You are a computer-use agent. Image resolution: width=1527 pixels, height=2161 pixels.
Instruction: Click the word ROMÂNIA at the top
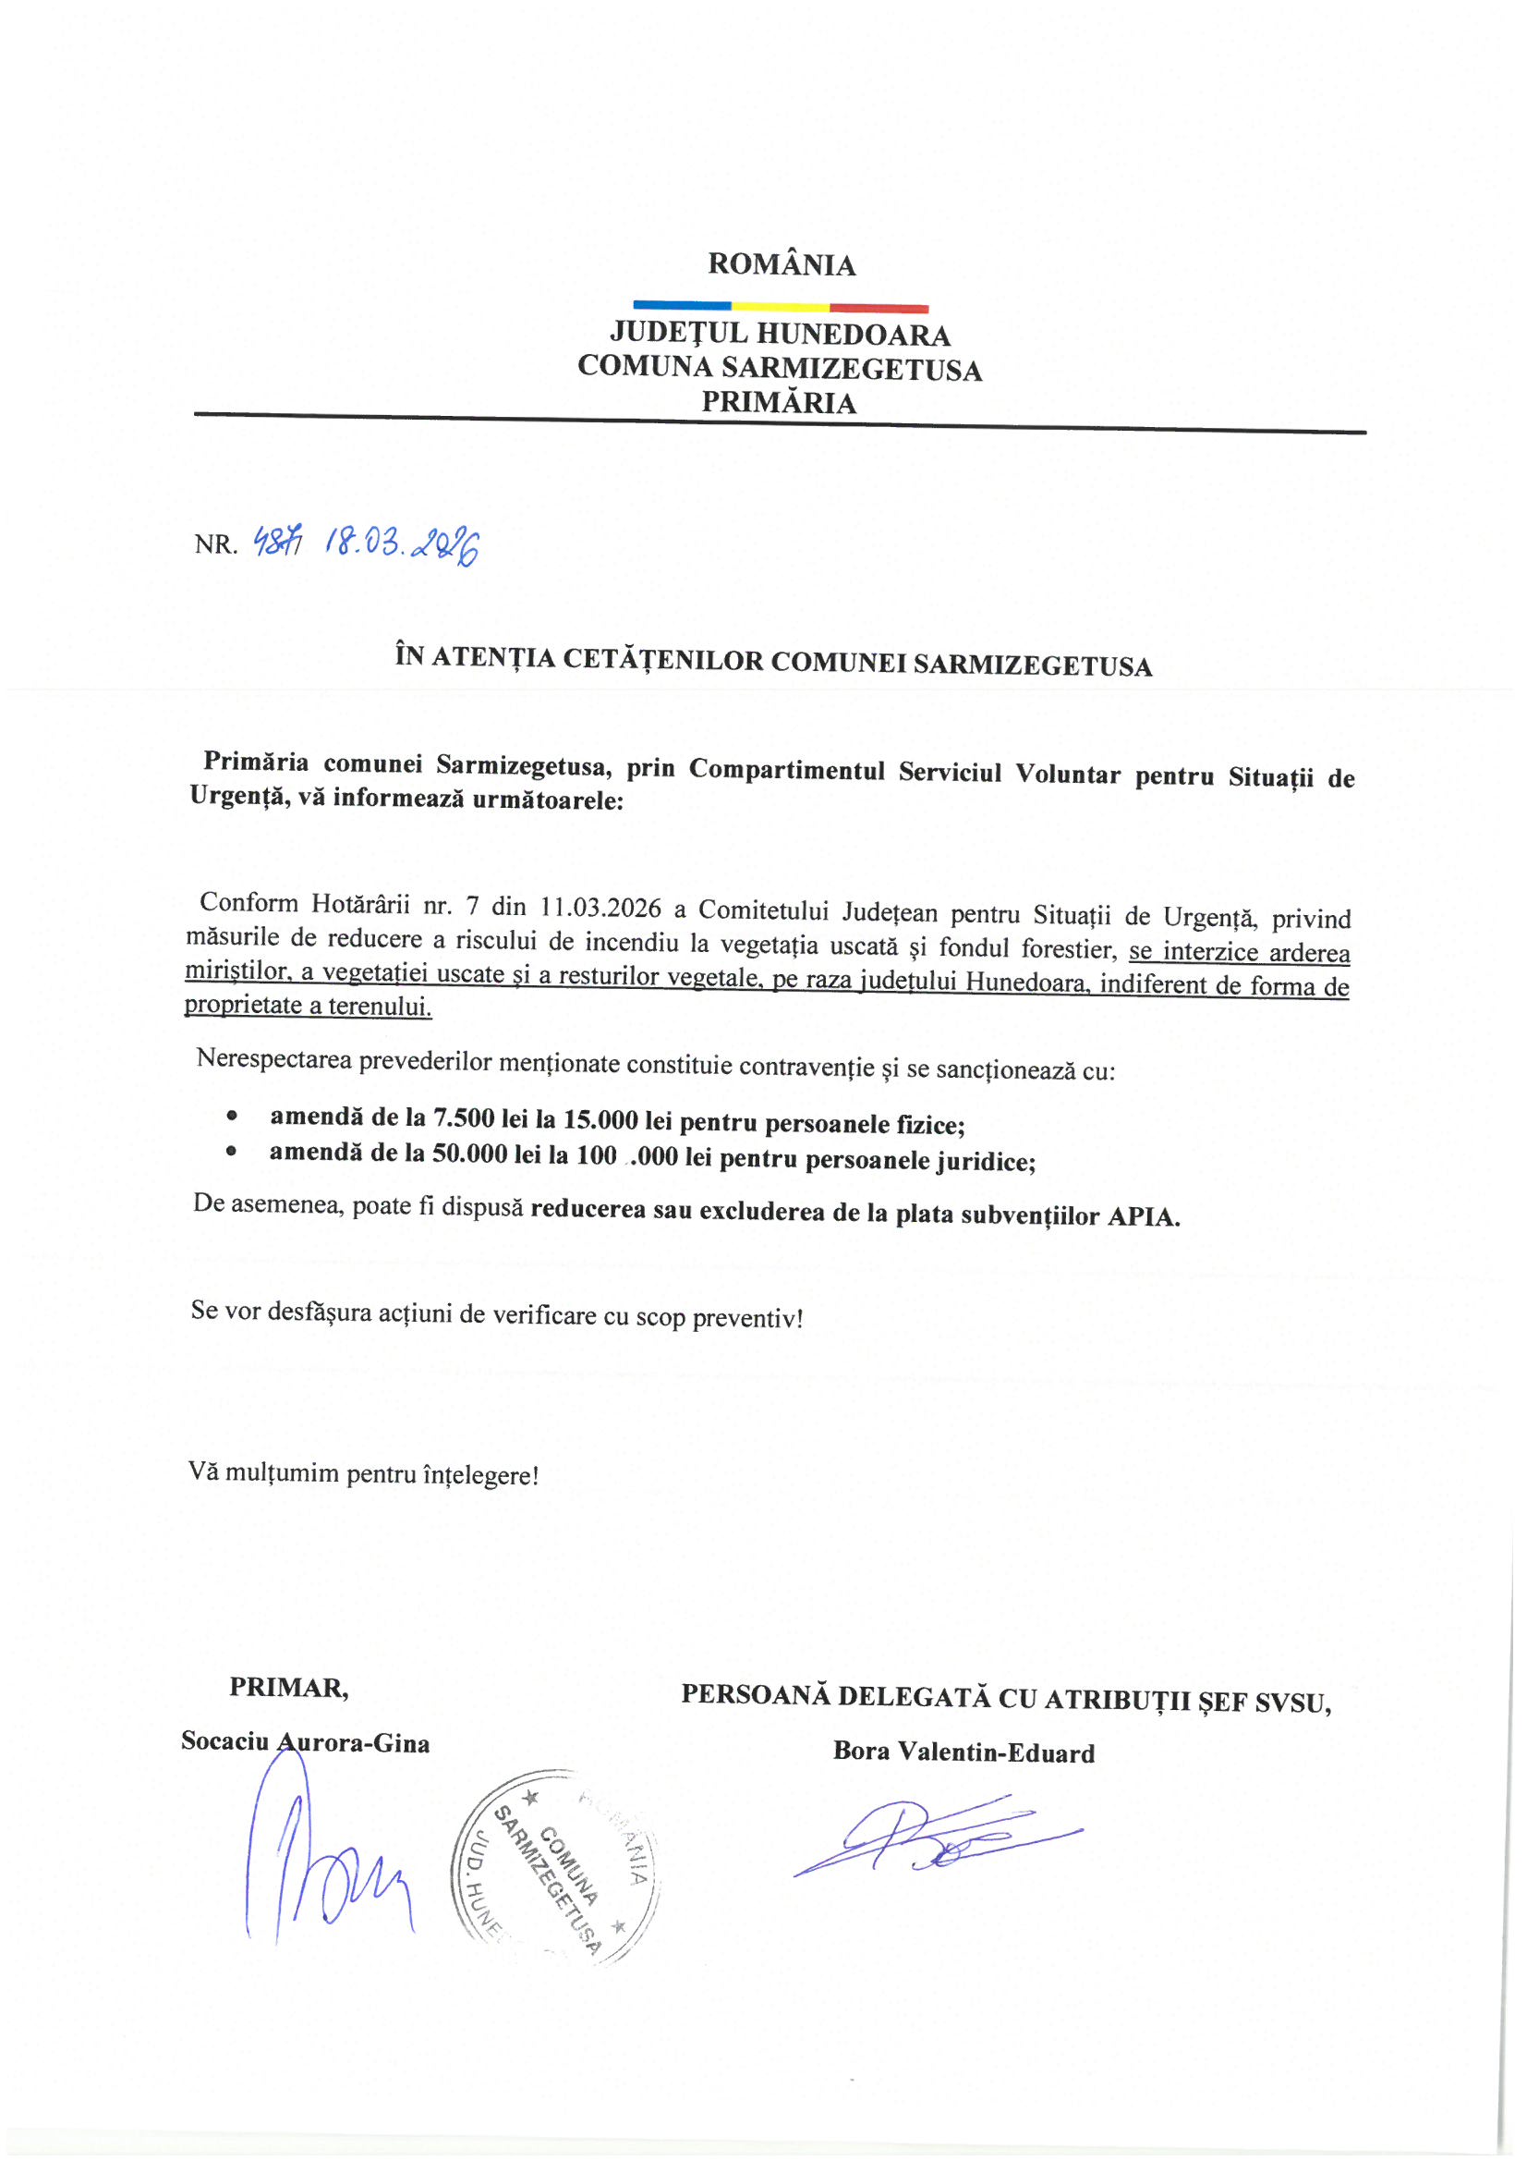(781, 264)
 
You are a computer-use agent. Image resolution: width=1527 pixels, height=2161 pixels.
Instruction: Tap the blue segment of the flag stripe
(681, 305)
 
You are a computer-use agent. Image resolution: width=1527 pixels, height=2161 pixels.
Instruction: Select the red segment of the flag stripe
(879, 308)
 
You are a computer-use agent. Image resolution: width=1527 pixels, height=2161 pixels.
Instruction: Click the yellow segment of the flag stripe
(780, 306)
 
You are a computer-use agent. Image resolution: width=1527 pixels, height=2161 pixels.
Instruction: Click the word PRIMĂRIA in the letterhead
(778, 403)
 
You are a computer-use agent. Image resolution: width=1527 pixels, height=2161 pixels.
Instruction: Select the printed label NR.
(215, 544)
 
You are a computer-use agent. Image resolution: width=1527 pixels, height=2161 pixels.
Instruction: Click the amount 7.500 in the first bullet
(463, 1118)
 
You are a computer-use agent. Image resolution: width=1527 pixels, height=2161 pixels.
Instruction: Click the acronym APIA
(1142, 1217)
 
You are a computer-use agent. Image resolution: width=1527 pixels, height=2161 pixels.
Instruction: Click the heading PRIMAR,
(289, 1688)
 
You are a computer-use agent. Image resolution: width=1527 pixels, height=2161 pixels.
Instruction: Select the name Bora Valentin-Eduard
(963, 1752)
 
